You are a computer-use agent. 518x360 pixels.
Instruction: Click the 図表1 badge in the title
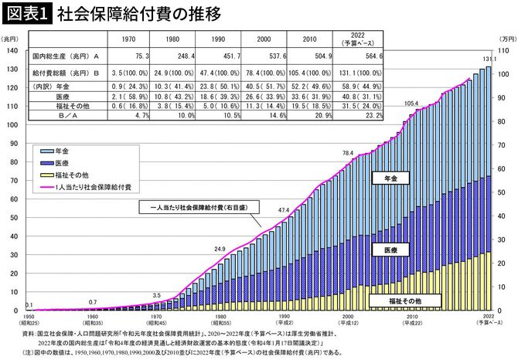pyautogui.click(x=26, y=13)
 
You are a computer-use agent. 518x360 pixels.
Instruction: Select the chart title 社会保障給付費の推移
pyautogui.click(x=124, y=13)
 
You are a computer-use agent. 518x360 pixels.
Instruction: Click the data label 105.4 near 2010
pyautogui.click(x=411, y=103)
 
